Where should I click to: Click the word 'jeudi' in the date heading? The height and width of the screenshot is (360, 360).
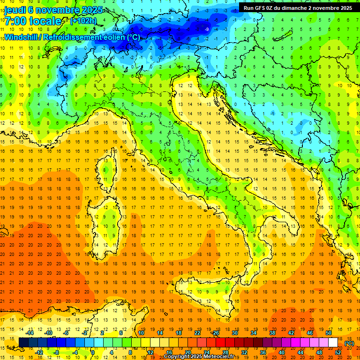click(15, 10)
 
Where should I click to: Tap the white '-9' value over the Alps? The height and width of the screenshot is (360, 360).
click(207, 30)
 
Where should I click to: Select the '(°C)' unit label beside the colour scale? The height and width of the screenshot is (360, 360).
click(349, 343)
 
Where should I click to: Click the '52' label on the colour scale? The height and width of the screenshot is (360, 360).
click(338, 352)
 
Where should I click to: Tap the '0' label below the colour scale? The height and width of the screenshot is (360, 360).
click(93, 352)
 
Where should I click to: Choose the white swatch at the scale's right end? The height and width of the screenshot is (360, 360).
click(333, 343)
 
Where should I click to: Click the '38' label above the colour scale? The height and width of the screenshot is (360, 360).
click(272, 333)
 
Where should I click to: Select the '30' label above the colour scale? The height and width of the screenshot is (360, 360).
click(234, 333)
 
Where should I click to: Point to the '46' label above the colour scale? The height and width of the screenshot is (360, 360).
click(309, 333)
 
